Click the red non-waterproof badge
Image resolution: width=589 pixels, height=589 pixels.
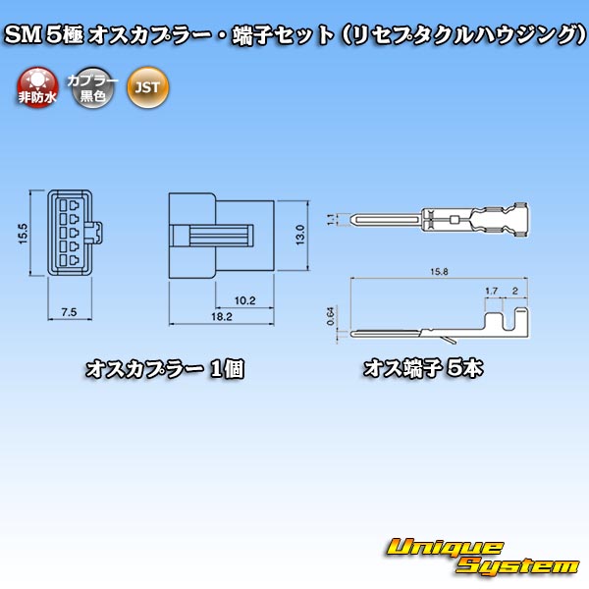[37, 87]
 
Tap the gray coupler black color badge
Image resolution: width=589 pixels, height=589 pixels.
[92, 87]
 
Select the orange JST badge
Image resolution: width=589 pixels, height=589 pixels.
[148, 87]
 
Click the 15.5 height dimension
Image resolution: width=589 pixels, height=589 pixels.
[24, 234]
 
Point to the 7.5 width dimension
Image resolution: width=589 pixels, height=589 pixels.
[69, 312]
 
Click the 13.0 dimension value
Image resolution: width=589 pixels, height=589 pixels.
[300, 236]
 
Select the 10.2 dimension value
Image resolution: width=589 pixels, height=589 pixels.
[244, 300]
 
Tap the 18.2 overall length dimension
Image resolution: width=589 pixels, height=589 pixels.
[222, 317]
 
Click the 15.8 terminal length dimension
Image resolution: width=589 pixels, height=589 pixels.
[439, 272]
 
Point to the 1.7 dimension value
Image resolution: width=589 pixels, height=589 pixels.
[492, 291]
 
